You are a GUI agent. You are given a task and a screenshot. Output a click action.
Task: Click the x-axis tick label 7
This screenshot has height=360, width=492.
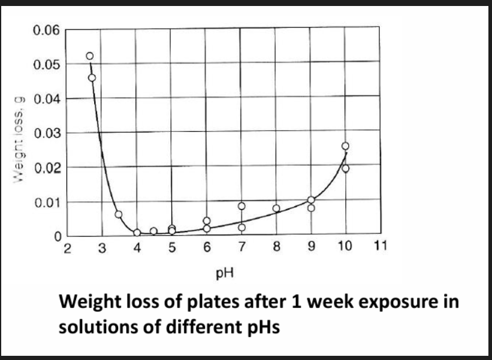(x=241, y=249)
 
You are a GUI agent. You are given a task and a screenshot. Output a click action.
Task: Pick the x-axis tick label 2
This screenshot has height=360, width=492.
(x=67, y=249)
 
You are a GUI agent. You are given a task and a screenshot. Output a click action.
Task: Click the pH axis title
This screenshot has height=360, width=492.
(x=225, y=275)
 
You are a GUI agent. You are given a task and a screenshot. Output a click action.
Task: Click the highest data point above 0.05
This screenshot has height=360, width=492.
(x=90, y=56)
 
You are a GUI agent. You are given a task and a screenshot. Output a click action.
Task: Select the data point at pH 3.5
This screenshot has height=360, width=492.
(x=119, y=214)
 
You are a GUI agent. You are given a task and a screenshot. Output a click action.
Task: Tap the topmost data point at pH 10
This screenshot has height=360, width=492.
(x=345, y=146)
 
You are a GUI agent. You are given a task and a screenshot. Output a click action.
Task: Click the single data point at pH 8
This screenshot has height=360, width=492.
(x=276, y=208)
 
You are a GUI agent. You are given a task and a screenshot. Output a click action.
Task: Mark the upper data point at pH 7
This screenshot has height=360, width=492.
(x=242, y=206)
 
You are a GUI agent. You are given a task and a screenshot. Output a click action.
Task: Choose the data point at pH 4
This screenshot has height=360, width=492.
(x=137, y=232)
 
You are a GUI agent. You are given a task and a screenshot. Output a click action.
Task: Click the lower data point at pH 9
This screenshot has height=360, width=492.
(x=311, y=208)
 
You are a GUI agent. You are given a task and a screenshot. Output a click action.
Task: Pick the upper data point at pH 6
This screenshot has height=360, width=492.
(x=207, y=221)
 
